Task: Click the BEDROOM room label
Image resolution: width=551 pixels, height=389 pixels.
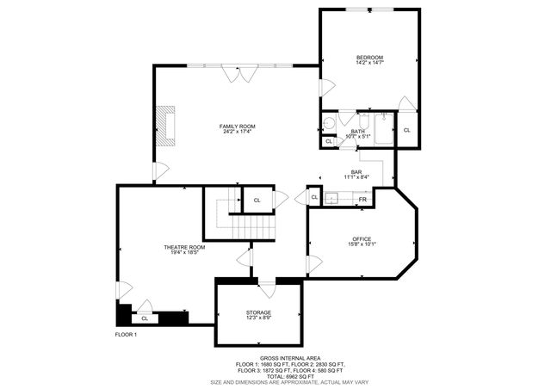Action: [x=369, y=59]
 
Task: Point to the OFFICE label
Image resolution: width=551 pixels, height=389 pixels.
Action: [x=361, y=240]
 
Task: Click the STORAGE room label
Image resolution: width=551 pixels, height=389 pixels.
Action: [x=258, y=314]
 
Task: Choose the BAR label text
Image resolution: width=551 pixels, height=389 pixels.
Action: [x=356, y=173]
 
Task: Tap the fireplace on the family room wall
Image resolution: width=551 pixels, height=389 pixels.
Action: [x=164, y=126]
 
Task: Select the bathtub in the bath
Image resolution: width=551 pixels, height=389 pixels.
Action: [x=383, y=129]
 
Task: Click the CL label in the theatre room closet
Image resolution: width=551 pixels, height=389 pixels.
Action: [x=145, y=318]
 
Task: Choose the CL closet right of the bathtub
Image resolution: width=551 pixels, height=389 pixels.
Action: [x=406, y=129]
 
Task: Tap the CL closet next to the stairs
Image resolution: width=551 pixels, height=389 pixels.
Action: [x=257, y=200]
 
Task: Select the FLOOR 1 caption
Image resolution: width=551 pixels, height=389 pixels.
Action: [x=127, y=334]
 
